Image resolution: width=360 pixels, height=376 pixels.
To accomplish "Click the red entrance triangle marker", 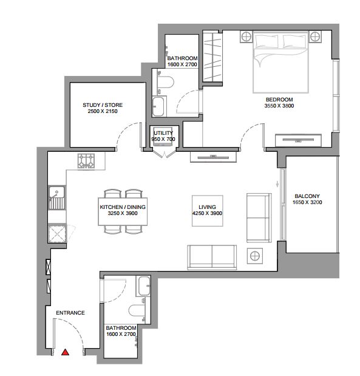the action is point(65,352).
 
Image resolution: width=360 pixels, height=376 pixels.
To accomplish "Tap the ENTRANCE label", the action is point(70,313).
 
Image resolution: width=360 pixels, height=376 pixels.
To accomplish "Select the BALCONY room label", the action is point(307,196).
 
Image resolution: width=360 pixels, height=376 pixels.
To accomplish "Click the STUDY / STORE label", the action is point(103,105).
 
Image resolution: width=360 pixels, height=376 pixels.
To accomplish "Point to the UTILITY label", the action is point(163,133).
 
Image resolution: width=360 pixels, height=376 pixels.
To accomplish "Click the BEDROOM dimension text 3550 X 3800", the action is point(279,106).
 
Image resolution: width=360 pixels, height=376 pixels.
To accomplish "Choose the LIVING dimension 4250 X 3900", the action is point(208,213).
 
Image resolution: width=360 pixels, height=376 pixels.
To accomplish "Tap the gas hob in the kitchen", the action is point(86,160).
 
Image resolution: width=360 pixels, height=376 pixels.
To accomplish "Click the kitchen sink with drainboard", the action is point(57,197).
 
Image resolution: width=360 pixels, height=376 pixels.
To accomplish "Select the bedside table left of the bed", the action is point(246,37).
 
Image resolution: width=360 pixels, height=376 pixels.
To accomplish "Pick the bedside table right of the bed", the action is point(315,37).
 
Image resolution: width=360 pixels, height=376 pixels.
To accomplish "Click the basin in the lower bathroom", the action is point(143,286).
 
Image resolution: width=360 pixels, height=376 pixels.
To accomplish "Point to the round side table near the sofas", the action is point(255,256).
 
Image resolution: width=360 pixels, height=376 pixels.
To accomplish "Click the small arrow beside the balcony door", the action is point(277,184).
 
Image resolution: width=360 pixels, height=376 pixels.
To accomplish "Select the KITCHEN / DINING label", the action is point(123,207).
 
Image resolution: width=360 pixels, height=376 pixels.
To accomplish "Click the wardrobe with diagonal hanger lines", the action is point(212,56).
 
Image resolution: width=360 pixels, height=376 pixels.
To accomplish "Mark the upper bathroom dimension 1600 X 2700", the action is point(182,64).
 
